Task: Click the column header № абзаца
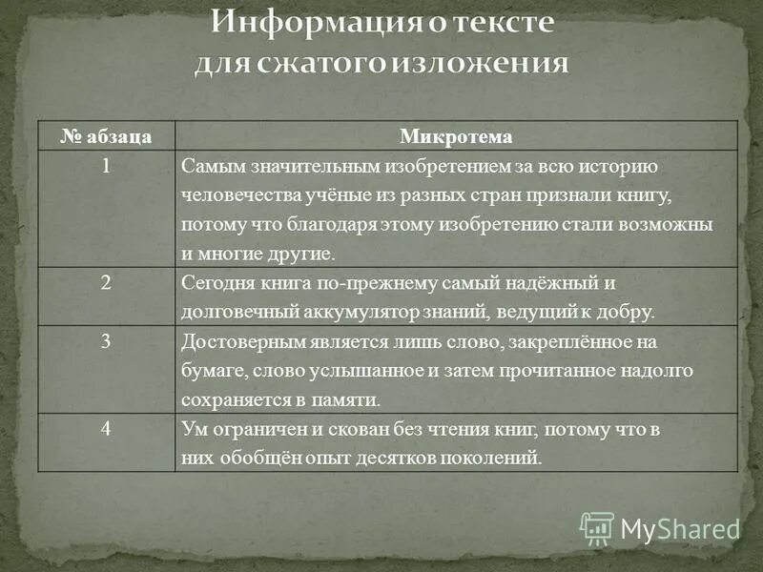point(107,135)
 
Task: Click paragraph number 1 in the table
point(108,165)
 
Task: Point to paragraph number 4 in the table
point(108,428)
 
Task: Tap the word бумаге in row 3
point(209,371)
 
